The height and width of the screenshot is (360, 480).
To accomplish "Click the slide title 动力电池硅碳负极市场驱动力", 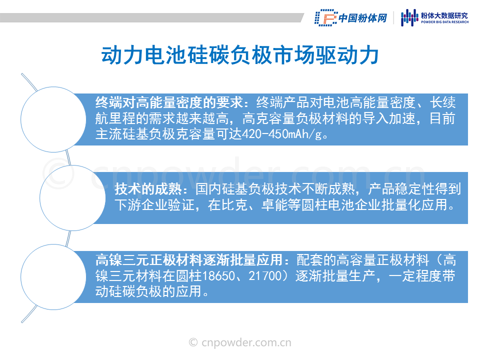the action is point(240,55).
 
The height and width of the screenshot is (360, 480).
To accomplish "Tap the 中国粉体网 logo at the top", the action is point(351,18).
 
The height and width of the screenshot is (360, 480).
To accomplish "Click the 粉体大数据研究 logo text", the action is point(444,15).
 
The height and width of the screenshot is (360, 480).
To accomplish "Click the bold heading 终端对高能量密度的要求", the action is point(169,102).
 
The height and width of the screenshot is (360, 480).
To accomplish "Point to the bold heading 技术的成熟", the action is point(148,189).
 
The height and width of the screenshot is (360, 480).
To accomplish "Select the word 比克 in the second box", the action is point(234,205).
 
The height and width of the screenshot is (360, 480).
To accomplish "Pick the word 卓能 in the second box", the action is point(274,205).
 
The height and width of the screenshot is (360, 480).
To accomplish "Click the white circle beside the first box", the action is point(53,119).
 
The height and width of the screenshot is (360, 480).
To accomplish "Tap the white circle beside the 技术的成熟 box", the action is point(72,198).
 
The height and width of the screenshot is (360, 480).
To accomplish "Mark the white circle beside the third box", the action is point(53,277).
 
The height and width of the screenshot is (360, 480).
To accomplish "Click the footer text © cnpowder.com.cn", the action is point(240,342).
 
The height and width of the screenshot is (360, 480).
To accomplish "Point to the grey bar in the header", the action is point(152,18).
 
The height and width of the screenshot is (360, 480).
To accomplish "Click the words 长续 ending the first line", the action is point(442,102).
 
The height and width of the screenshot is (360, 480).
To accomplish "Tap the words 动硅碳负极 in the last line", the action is point(128,291).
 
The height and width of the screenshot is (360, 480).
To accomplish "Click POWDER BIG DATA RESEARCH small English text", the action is point(445,22).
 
